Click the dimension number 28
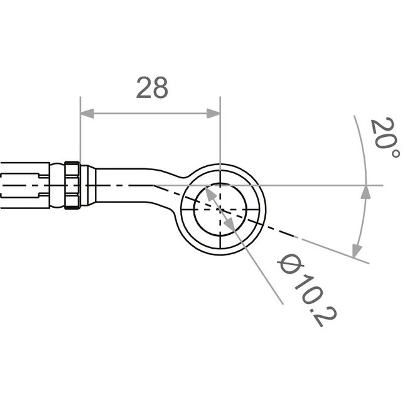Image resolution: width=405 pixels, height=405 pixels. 152,88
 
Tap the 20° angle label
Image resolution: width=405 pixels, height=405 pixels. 385,137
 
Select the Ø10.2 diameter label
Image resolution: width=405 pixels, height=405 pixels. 308,290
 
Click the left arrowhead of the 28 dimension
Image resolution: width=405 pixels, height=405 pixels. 87,114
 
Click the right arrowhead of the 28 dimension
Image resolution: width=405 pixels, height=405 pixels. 213,114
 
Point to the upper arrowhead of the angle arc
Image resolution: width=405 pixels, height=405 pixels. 365,192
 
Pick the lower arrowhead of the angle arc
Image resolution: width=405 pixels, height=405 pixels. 357,251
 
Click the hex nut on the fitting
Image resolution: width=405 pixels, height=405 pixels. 72,185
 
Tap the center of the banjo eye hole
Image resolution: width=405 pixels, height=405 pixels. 220,210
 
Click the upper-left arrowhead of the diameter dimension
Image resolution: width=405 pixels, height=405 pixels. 210,192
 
